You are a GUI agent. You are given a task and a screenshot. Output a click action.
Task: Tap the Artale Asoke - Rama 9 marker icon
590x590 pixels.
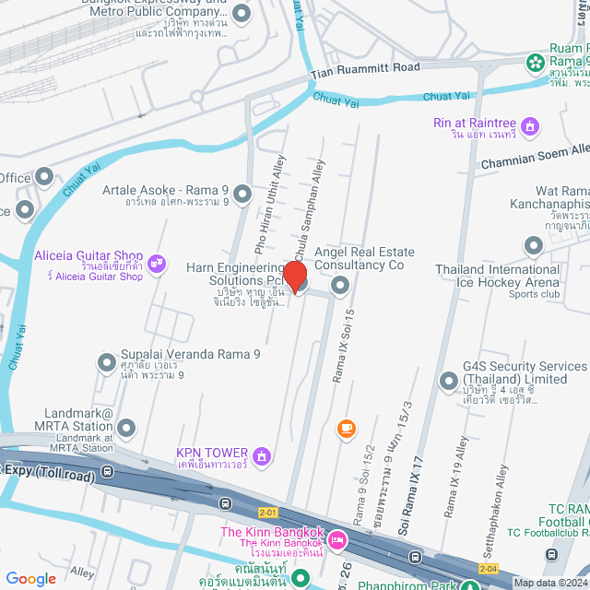(242, 194)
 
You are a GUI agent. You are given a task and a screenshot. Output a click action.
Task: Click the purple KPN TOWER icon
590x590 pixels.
(263, 455)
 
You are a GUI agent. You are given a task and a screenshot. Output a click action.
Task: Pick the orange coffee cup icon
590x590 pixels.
(347, 428)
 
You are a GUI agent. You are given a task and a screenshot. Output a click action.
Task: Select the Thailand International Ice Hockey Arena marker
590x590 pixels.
(534, 245)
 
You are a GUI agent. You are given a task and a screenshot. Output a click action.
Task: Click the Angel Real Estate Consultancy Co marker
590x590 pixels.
(340, 286)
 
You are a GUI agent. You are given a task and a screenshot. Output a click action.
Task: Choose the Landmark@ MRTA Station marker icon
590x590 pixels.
(126, 428)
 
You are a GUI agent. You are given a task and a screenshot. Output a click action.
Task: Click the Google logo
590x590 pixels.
(31, 578)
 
